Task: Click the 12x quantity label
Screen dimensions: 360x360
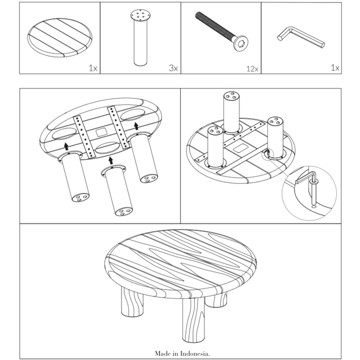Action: click(252, 68)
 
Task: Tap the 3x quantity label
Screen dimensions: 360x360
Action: click(173, 68)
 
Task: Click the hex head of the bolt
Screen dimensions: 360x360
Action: click(240, 43)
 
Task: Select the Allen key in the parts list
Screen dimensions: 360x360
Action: click(301, 36)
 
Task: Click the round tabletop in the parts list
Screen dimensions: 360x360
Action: click(59, 38)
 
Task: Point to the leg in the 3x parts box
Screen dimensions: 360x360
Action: click(140, 37)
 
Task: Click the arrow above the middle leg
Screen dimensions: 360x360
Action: click(111, 160)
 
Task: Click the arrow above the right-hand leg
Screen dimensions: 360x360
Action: click(136, 125)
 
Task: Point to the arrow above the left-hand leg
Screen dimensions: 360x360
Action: click(66, 146)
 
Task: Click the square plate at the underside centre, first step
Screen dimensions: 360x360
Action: click(101, 132)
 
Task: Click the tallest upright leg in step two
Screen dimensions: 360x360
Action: click(231, 112)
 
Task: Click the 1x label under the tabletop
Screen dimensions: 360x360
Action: click(93, 68)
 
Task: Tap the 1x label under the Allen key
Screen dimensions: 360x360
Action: click(335, 67)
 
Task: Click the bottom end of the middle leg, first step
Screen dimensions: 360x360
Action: click(124, 212)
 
